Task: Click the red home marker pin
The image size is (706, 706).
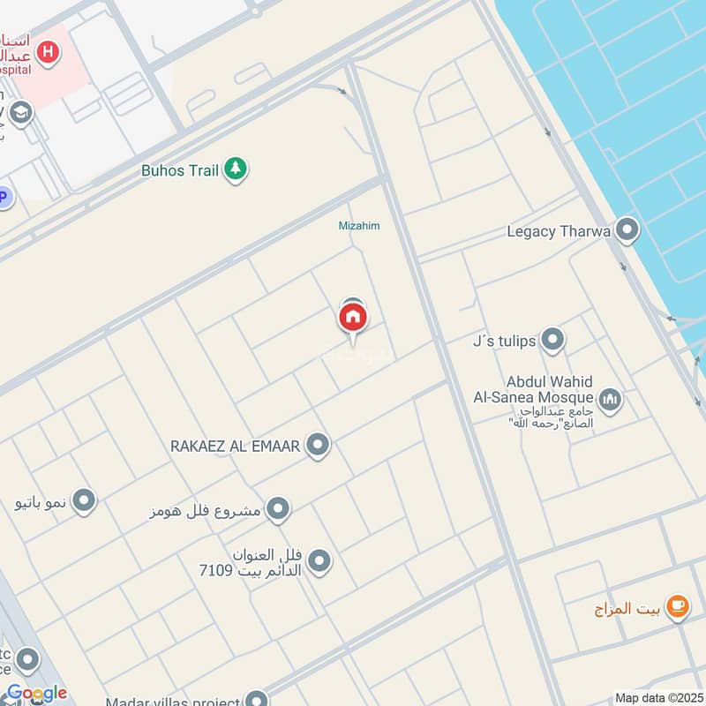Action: pos(353,317)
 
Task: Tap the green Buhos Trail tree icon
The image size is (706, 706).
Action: pos(235,169)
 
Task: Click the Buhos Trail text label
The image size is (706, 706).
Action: pos(180,170)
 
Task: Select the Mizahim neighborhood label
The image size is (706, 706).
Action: pos(359,226)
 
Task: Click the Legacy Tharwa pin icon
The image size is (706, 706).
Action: pos(627,231)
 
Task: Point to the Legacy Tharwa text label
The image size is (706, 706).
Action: pos(559,232)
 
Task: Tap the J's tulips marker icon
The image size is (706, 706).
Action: pos(552,339)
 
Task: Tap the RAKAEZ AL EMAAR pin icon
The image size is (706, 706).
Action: pos(319,446)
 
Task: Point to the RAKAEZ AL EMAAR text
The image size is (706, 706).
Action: pos(236,447)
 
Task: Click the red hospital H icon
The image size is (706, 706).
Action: pos(49,52)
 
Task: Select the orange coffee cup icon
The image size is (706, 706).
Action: pos(678,606)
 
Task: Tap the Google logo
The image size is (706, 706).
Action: pos(36,694)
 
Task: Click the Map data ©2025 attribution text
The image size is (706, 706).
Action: pos(659,698)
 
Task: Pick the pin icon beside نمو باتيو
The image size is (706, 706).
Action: pos(84,501)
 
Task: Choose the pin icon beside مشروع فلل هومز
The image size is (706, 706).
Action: pos(278,509)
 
